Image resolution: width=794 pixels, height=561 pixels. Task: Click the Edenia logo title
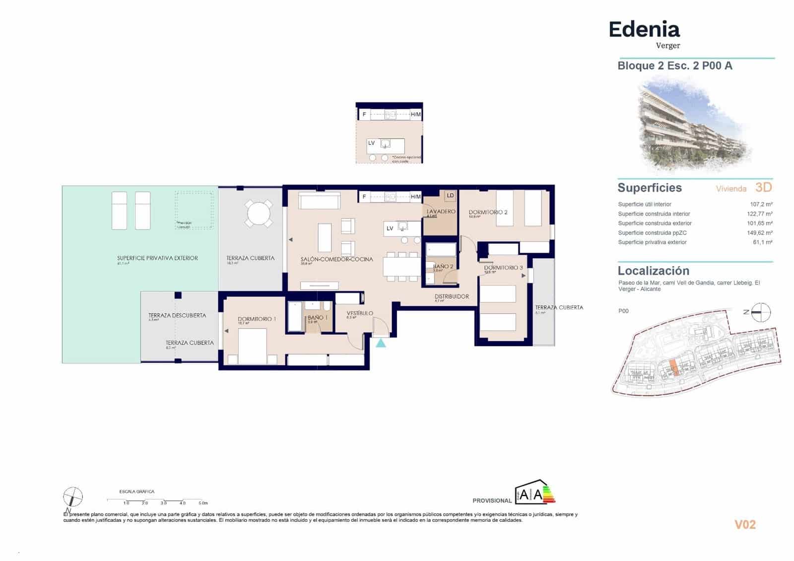(x=644, y=30)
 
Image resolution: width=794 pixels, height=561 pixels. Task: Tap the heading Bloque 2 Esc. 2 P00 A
(x=674, y=66)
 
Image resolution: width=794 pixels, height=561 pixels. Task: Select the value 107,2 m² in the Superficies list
(x=761, y=204)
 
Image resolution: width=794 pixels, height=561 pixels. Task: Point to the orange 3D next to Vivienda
(x=763, y=188)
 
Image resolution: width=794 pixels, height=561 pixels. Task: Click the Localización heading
(x=653, y=271)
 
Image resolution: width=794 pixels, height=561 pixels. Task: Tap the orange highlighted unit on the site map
(x=673, y=368)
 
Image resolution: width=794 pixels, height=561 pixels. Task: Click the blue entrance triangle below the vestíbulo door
(x=381, y=343)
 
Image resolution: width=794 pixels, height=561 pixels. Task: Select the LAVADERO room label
(x=441, y=211)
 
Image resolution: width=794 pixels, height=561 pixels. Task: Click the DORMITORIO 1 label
(x=257, y=319)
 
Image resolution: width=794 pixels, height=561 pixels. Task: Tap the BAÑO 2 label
(x=443, y=267)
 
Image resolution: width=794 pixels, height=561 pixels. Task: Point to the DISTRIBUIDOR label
(x=452, y=296)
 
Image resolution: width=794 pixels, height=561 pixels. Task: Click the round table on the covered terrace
(x=259, y=214)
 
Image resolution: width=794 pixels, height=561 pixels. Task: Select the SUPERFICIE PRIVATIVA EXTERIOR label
(x=157, y=258)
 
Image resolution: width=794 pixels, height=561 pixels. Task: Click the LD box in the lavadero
(x=450, y=196)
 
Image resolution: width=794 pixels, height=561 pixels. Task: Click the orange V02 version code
(x=744, y=525)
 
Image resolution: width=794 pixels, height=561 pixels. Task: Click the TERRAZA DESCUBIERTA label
(x=177, y=315)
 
